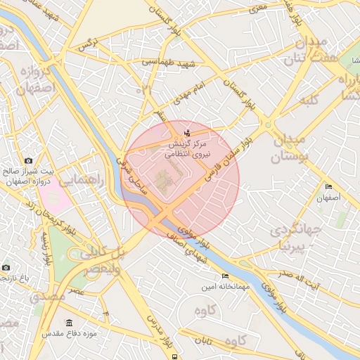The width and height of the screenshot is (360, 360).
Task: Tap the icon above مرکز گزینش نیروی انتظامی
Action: tap(186, 133)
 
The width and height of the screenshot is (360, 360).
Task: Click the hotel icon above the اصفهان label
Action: tap(328, 186)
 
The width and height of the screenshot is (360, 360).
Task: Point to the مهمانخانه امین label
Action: tap(203, 287)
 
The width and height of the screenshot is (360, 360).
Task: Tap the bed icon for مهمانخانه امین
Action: tap(225, 276)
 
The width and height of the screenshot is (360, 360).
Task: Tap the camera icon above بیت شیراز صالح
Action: tap(28, 160)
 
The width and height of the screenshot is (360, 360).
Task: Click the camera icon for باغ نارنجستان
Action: tap(6, 267)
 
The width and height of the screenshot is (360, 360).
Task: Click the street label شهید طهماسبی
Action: tap(160, 62)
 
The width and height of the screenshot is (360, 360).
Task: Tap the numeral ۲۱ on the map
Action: tap(146, 89)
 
